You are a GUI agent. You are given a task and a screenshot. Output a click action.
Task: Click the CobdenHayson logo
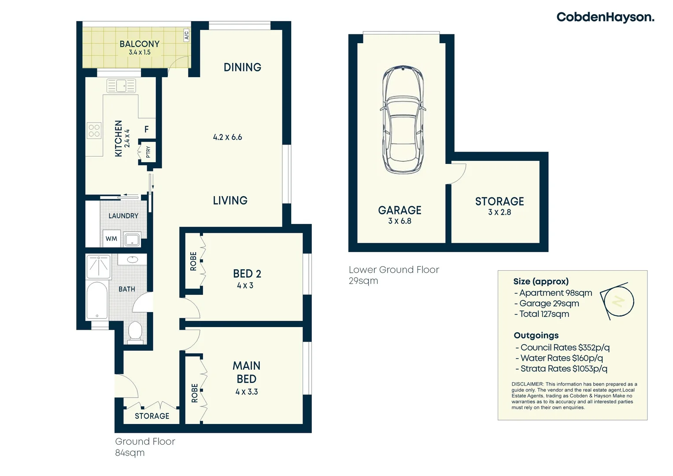coord(605,17)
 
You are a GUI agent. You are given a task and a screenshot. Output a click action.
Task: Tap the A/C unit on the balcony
coord(186,35)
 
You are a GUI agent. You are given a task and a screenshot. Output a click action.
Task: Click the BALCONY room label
coord(139,44)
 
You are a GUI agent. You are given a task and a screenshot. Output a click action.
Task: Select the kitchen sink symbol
coord(121,86)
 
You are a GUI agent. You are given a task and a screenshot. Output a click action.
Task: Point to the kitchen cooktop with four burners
coord(94,130)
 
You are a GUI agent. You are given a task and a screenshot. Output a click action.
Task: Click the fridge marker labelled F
coord(147,129)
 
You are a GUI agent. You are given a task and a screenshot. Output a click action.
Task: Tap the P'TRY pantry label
coord(148,152)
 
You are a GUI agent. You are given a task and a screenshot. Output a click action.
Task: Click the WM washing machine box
coord(111,238)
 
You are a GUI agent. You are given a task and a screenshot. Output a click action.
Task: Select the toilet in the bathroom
coord(135,331)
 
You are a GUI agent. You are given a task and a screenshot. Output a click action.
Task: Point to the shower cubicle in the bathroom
coord(98,267)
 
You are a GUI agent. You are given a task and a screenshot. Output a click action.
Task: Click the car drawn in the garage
coord(403,120)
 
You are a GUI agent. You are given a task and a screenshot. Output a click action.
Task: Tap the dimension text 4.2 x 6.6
coord(227,137)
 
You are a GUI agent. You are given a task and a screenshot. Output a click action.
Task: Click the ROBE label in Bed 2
coord(193,261)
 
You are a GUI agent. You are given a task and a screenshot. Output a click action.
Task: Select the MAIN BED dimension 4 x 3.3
coord(247,392)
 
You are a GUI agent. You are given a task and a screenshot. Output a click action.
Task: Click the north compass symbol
coord(618,301)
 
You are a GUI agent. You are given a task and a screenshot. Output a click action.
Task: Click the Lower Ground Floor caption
coord(394,270)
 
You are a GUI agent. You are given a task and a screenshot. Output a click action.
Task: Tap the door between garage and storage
coord(457,173)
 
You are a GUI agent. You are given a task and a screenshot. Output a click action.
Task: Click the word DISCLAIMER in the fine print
coord(527,384)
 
